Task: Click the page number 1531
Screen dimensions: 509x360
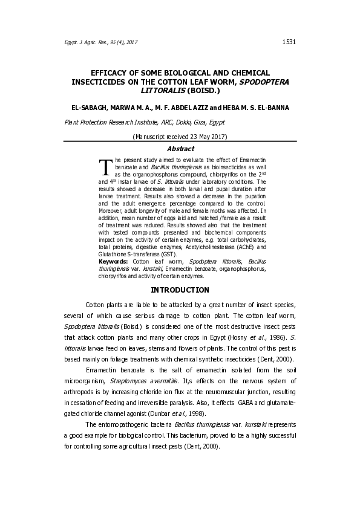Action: pyautogui.click(x=289, y=42)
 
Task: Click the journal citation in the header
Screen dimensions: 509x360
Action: pyautogui.click(x=101, y=42)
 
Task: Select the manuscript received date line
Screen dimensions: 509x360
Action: pyautogui.click(x=180, y=136)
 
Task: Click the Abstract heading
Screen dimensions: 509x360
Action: pyautogui.click(x=180, y=149)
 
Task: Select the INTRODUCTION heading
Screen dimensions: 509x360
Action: pyautogui.click(x=180, y=290)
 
